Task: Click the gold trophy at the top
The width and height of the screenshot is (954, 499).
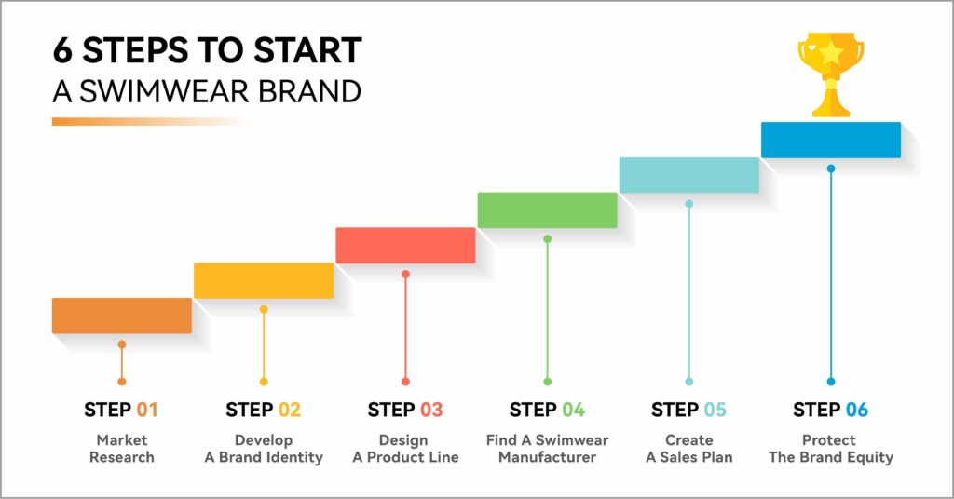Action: point(830,74)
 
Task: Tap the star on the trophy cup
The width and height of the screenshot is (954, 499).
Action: point(830,53)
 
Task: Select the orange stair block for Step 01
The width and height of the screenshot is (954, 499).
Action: point(122,316)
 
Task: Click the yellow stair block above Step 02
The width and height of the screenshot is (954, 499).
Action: point(264,280)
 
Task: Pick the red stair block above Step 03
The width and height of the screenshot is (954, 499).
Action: point(405,246)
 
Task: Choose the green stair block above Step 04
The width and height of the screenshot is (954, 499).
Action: point(547,210)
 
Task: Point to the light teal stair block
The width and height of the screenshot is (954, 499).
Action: point(688,175)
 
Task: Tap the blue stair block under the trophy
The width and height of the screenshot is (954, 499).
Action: point(830,140)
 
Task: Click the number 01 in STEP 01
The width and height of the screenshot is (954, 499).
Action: point(146,411)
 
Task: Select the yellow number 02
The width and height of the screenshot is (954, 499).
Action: point(289,411)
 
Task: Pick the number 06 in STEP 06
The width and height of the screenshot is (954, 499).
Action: point(857,411)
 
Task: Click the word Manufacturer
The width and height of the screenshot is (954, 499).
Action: point(547,457)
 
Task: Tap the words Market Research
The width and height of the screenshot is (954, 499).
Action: point(122,449)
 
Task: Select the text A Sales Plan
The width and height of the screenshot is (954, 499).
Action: point(688,457)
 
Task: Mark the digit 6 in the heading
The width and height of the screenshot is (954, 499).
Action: point(62,50)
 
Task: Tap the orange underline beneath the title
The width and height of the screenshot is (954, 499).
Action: point(149,122)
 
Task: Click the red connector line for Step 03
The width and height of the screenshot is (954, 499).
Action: point(405,329)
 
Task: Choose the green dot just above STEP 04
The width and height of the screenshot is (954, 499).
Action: point(547,382)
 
